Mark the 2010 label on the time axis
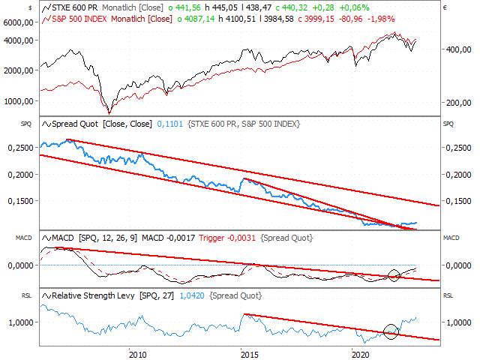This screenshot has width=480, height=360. tap(136, 353)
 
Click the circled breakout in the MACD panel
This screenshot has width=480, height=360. tap(394, 274)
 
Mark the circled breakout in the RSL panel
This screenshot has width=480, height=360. tap(390, 330)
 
